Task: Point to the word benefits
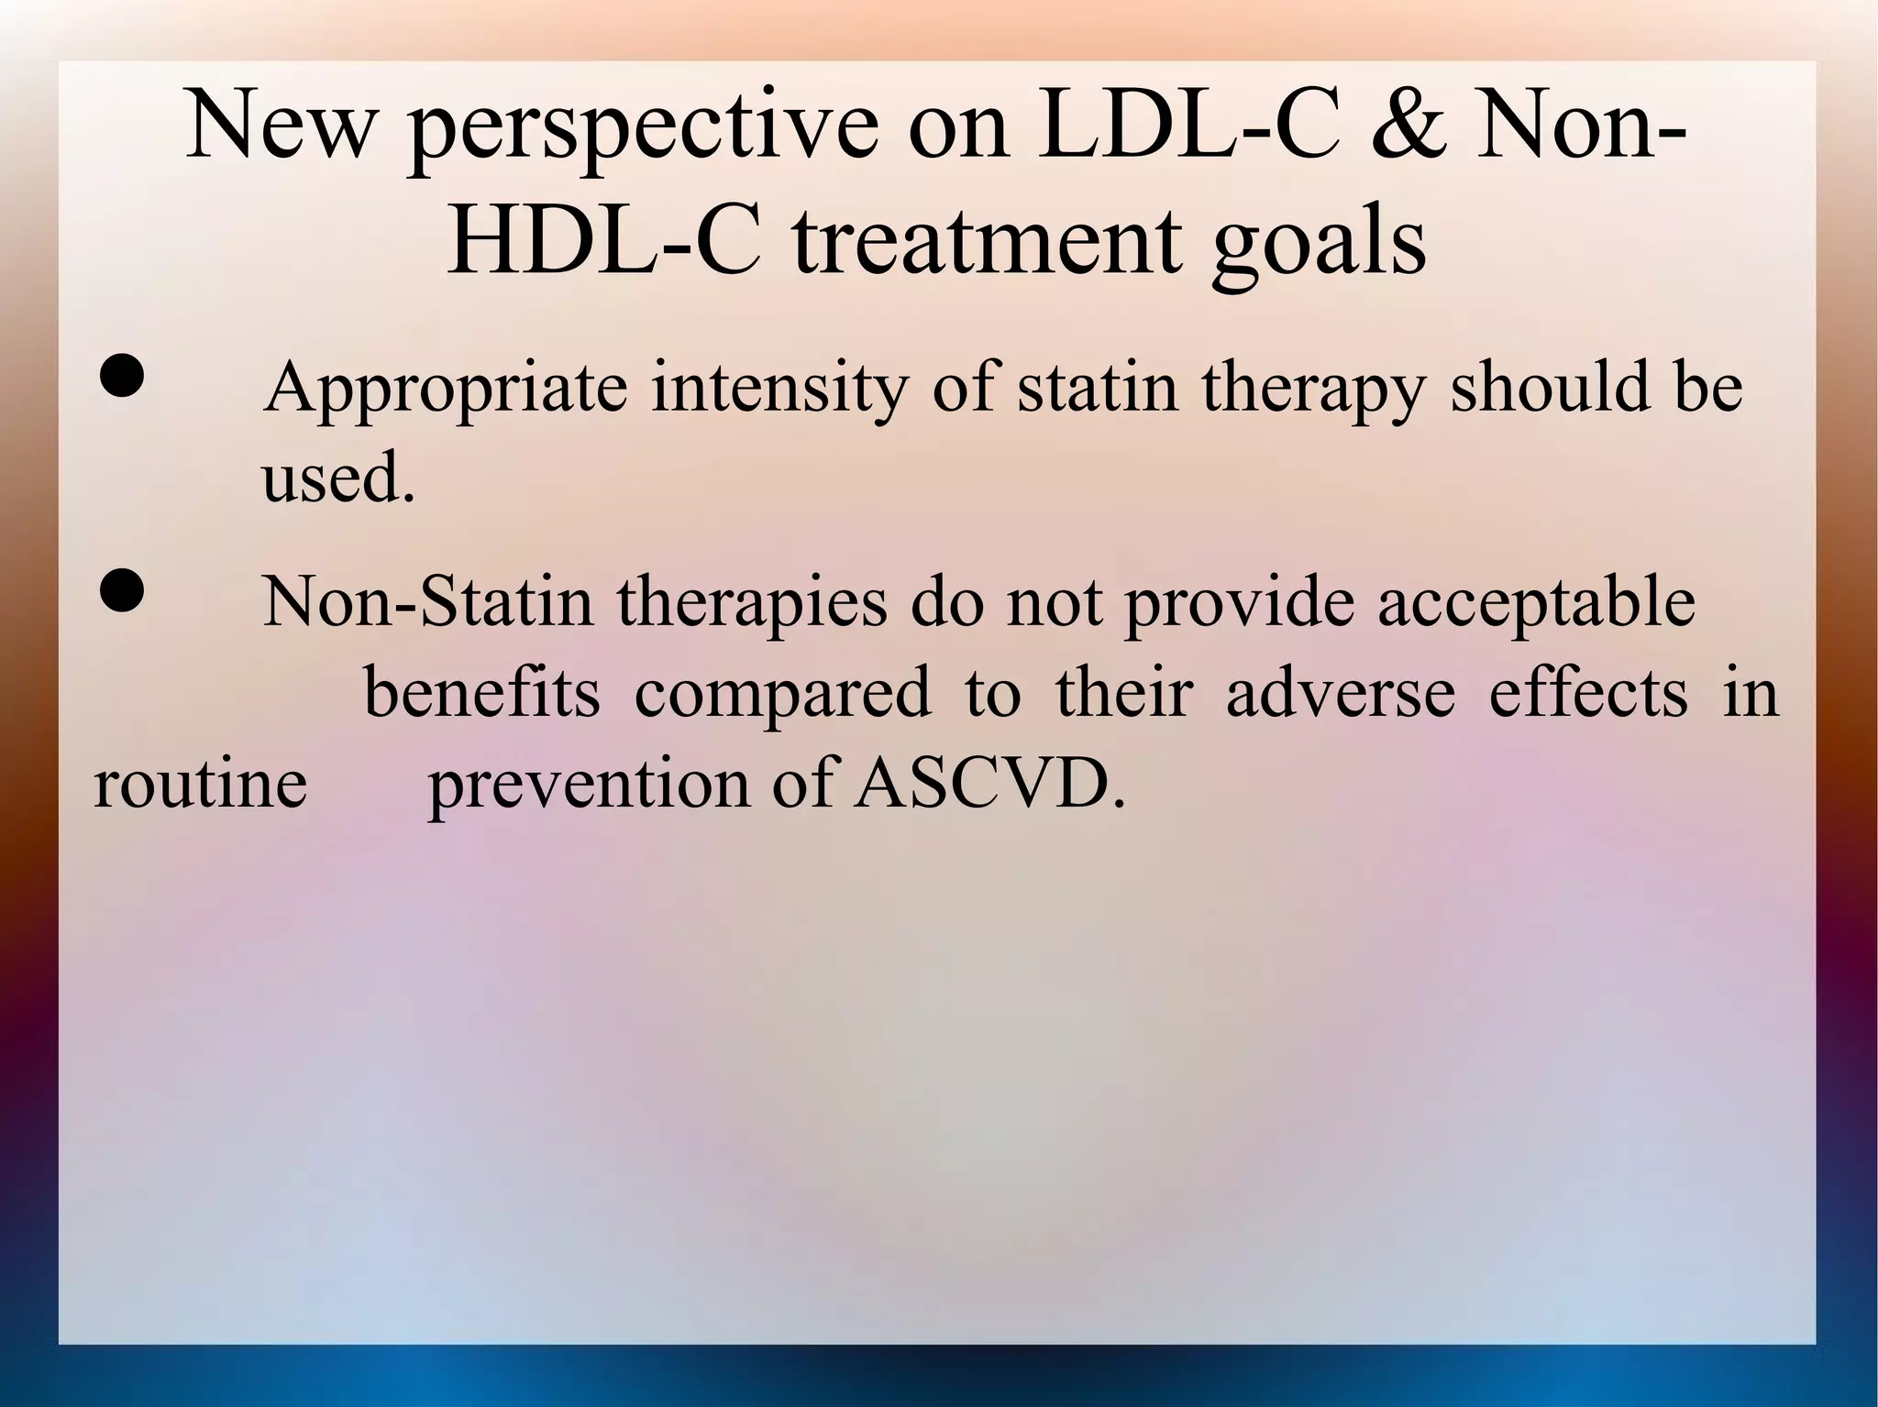(481, 693)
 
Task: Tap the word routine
(200, 785)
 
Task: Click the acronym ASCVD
(989, 785)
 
